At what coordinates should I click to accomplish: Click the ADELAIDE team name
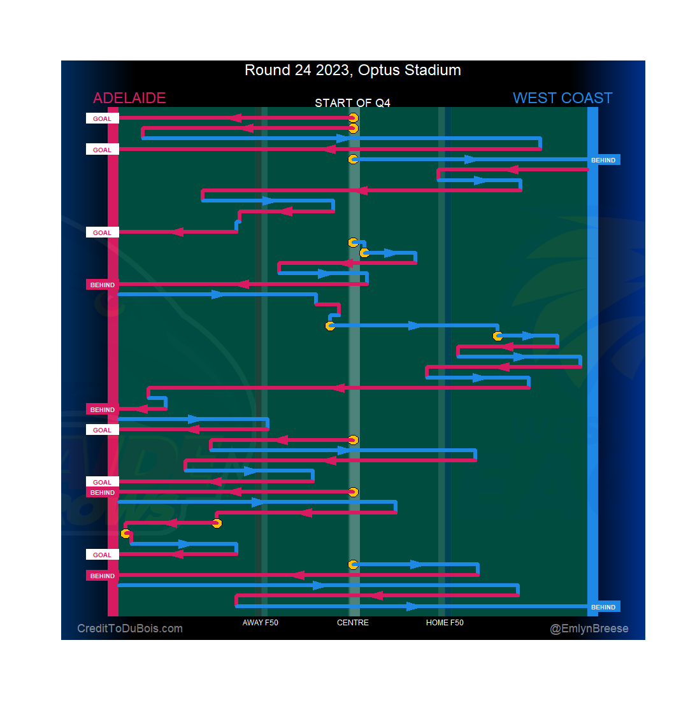(129, 98)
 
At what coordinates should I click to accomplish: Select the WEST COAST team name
(563, 98)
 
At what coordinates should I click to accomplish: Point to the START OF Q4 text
(352, 103)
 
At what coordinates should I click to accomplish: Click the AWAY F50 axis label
(260, 623)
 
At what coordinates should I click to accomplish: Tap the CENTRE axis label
(353, 623)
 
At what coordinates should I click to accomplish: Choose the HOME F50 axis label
(445, 623)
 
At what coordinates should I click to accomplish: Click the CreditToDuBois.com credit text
(130, 628)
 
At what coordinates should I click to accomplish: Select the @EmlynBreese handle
(589, 628)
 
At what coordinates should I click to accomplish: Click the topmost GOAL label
(102, 118)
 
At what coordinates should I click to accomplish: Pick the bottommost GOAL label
(102, 555)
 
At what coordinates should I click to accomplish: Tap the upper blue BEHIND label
(603, 160)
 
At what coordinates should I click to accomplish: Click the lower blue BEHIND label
(603, 607)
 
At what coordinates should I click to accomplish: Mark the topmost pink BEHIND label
(102, 285)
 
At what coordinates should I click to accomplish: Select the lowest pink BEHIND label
(102, 576)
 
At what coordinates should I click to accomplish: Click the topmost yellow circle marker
(354, 118)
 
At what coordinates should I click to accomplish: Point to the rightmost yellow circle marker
(498, 336)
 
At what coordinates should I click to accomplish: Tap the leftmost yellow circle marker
(126, 534)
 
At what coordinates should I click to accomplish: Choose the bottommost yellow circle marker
(353, 564)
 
